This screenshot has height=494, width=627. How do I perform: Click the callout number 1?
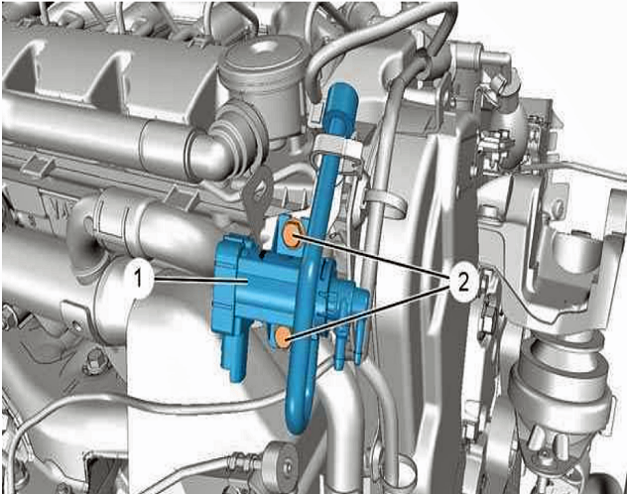[138, 279]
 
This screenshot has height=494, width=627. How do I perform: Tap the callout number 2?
[463, 284]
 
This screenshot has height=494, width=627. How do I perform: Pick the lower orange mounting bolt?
[283, 336]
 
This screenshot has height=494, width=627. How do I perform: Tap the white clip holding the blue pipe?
[337, 149]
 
